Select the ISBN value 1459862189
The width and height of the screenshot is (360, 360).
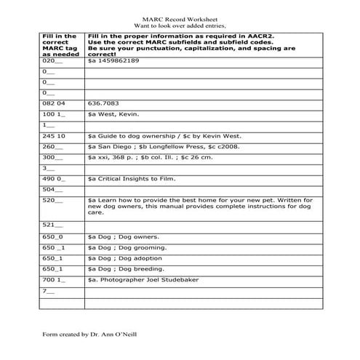[119, 63]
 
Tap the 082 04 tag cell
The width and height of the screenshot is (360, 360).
[55, 104]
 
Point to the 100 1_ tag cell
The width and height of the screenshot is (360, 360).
[54, 115]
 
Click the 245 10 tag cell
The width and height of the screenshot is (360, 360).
[55, 136]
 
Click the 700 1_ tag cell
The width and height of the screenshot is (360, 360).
[54, 279]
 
